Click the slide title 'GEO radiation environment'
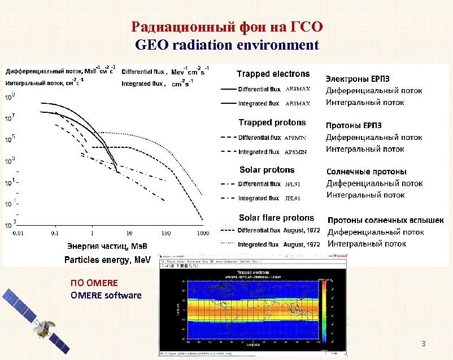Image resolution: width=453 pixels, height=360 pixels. (227, 45)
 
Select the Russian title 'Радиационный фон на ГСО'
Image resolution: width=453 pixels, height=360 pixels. (227, 27)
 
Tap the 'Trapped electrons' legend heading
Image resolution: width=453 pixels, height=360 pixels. (273, 74)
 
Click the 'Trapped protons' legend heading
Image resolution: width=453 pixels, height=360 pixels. (272, 122)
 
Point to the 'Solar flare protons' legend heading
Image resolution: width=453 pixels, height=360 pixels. (276, 218)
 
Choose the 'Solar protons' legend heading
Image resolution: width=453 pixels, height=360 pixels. (267, 170)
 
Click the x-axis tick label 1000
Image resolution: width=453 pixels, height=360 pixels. (203, 233)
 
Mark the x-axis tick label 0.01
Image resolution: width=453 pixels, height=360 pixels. (19, 233)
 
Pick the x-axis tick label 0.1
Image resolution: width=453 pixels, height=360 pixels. (55, 233)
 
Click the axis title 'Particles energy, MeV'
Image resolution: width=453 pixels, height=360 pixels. (107, 260)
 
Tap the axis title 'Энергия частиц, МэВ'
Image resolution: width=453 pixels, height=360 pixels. (105, 246)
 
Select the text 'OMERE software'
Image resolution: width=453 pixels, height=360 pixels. (106, 296)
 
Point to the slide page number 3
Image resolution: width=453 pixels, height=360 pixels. (422, 344)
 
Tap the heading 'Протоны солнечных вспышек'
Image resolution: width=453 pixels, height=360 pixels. (386, 220)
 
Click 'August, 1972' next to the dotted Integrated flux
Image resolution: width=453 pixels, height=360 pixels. (302, 245)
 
